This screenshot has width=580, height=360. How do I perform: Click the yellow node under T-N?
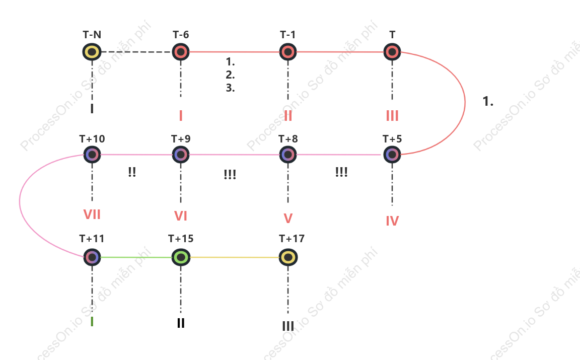pyautogui.click(x=92, y=52)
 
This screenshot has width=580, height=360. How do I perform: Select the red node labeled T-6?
pyautogui.click(x=181, y=52)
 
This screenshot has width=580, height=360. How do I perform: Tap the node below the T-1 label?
pyautogui.click(x=288, y=52)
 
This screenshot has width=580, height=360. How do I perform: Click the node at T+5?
pyautogui.click(x=392, y=155)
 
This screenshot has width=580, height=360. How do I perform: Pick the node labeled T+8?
pyautogui.click(x=288, y=155)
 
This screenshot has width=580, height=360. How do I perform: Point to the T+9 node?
pyautogui.click(x=181, y=155)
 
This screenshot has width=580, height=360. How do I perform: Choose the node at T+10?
pyautogui.click(x=92, y=155)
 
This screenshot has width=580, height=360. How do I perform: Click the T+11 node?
pyautogui.click(x=92, y=257)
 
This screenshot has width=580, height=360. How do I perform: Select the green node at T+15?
pyautogui.click(x=181, y=257)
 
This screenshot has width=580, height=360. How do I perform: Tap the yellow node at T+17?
pyautogui.click(x=288, y=257)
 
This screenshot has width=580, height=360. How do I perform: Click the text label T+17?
pyautogui.click(x=292, y=239)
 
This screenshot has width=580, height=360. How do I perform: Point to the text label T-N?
pyautogui.click(x=92, y=35)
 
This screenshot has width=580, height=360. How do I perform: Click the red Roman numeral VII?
pyautogui.click(x=92, y=214)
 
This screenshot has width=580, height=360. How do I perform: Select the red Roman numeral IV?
pyautogui.click(x=392, y=221)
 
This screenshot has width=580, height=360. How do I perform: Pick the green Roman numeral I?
pyautogui.click(x=92, y=322)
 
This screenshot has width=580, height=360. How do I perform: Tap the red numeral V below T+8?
pyautogui.click(x=288, y=219)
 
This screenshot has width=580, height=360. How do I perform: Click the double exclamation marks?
pyautogui.click(x=132, y=172)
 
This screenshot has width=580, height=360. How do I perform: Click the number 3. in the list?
pyautogui.click(x=230, y=88)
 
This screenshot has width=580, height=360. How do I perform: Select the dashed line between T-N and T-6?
pyautogui.click(x=136, y=52)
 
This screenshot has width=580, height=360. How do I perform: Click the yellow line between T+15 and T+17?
pyautogui.click(x=235, y=257)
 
